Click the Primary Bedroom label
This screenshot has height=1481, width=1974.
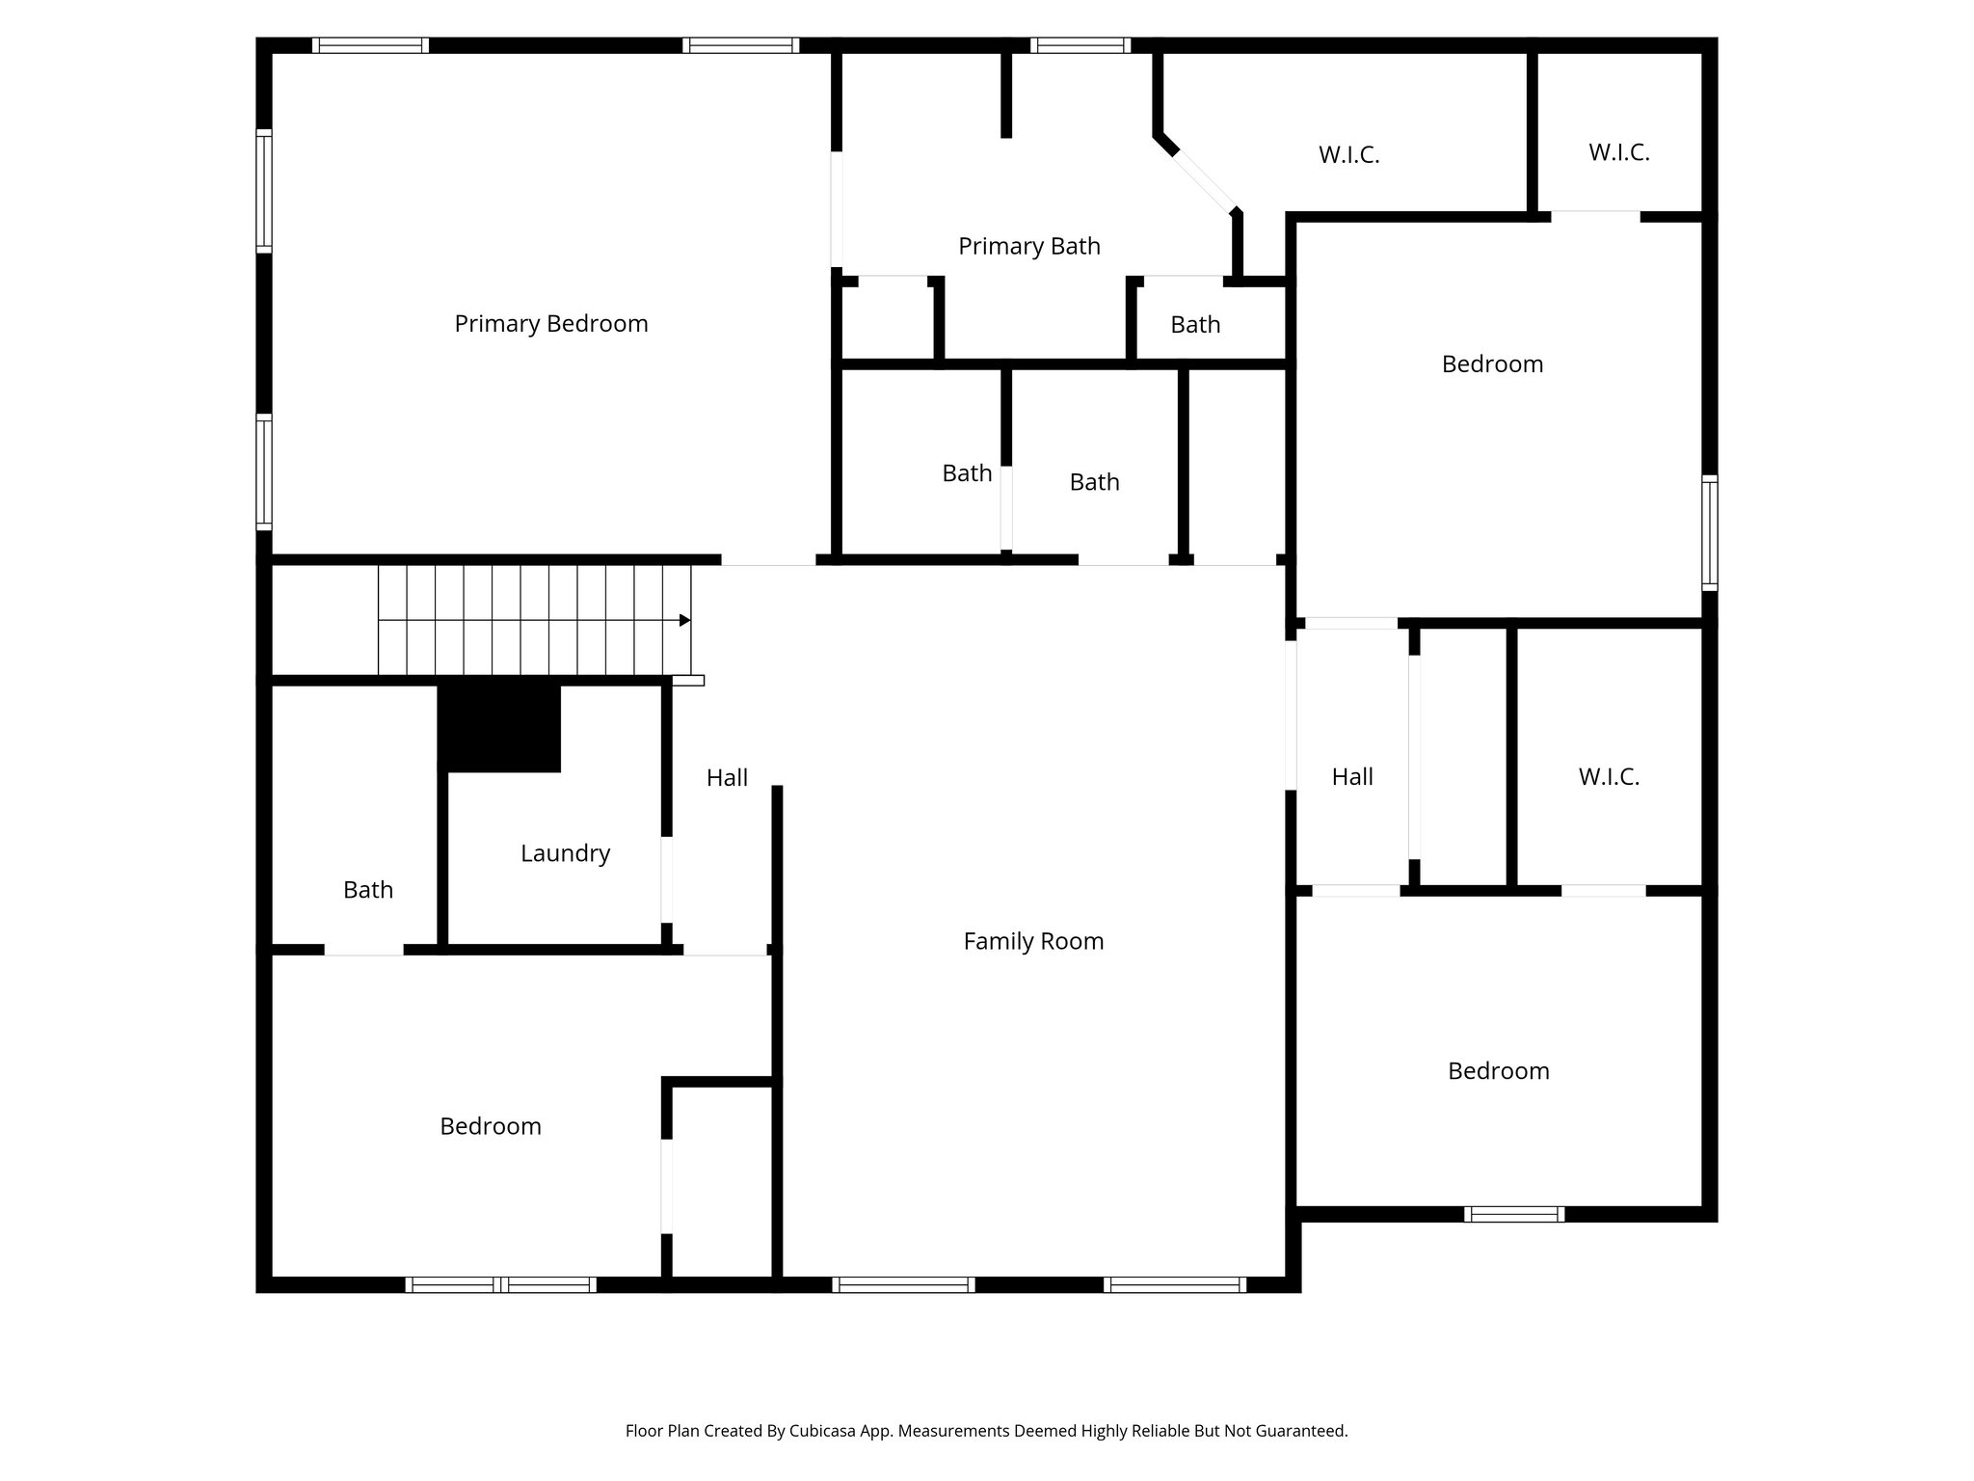click(x=550, y=324)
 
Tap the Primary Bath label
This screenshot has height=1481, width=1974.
click(x=1028, y=247)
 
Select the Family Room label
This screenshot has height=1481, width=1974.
click(x=1033, y=941)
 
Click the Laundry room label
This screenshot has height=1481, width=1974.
click(x=565, y=853)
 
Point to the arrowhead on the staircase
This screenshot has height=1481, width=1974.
click(x=684, y=620)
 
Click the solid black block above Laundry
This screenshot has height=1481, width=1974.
click(x=499, y=728)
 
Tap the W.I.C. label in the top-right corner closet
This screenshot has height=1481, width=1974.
click(x=1618, y=152)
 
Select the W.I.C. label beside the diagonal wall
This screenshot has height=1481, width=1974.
click(x=1348, y=155)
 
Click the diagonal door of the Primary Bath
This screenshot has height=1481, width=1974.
click(x=1204, y=180)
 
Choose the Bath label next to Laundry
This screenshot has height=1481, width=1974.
click(x=368, y=890)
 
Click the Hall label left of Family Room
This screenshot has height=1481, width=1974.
click(x=727, y=778)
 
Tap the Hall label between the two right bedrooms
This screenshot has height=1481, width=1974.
click(x=1351, y=777)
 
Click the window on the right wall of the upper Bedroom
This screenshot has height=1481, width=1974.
click(x=1709, y=532)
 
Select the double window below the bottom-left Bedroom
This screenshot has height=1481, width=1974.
click(x=500, y=1284)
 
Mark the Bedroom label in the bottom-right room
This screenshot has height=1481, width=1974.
click(x=1498, y=1071)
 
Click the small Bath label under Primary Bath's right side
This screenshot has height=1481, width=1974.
click(x=1195, y=325)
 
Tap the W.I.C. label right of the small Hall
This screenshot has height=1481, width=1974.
click(x=1609, y=777)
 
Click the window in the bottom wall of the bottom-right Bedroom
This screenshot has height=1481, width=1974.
click(x=1513, y=1214)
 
